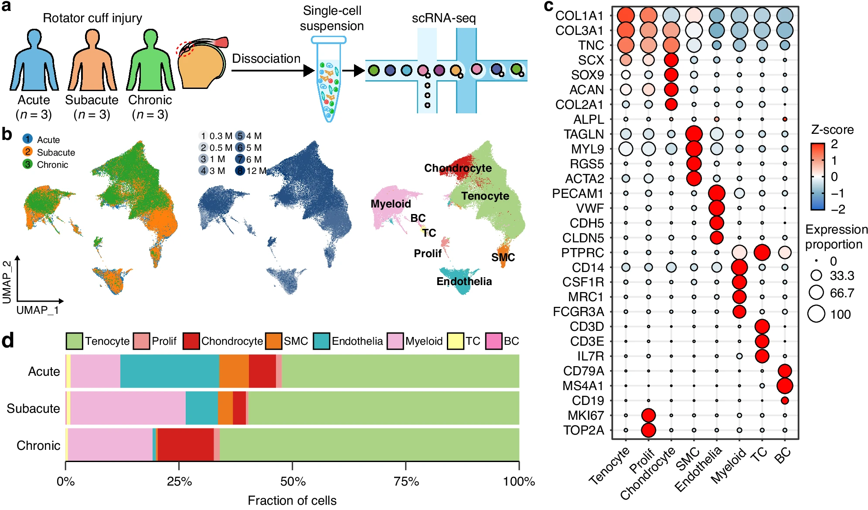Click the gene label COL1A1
(x=579, y=16)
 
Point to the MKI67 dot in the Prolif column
(x=648, y=415)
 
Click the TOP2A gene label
(x=583, y=430)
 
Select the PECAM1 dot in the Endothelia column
(x=716, y=193)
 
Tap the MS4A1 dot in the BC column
(x=784, y=386)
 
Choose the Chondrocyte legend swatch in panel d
(x=191, y=341)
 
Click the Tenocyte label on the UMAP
(x=485, y=196)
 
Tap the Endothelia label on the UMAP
(x=464, y=282)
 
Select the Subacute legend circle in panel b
(x=27, y=152)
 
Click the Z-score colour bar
(x=817, y=177)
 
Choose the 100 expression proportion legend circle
(x=816, y=314)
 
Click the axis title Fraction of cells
(x=292, y=500)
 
